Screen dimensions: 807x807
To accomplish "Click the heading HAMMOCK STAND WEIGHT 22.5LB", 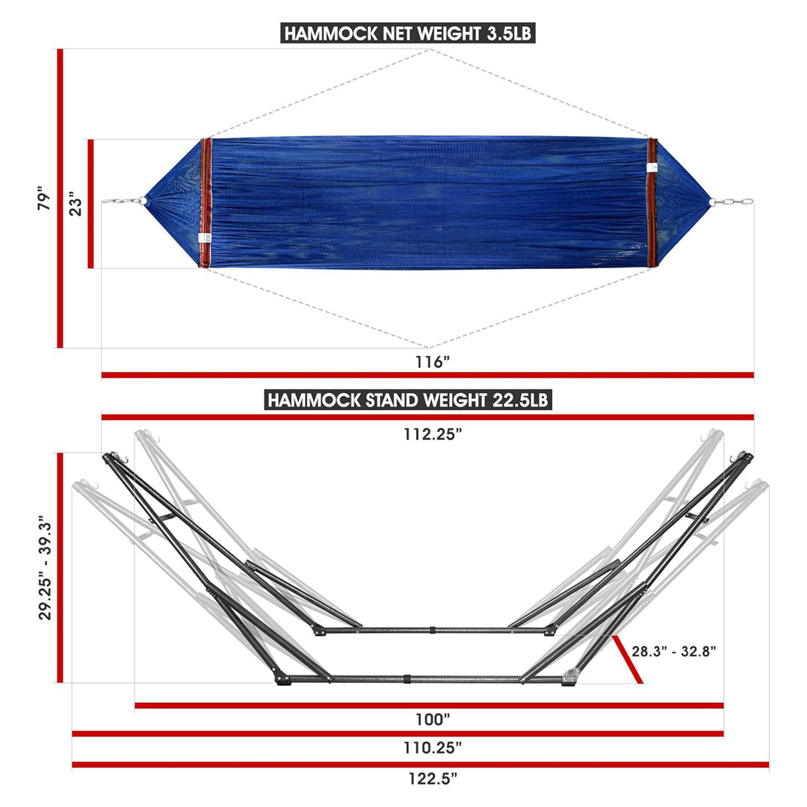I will pyautogui.click(x=409, y=400).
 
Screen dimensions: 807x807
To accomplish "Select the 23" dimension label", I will pyautogui.click(x=75, y=202).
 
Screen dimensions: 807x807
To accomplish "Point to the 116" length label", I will pyautogui.click(x=433, y=362).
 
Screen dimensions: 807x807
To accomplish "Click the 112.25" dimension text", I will pyautogui.click(x=427, y=434).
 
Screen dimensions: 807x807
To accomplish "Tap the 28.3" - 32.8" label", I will pyautogui.click(x=674, y=651).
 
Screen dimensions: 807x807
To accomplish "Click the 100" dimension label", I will pyautogui.click(x=433, y=720).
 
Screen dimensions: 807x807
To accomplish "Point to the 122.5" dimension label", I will pyautogui.click(x=433, y=778).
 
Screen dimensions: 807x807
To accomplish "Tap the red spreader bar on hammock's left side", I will pyautogui.click(x=206, y=202).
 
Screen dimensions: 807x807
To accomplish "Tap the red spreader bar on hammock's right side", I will pyautogui.click(x=652, y=202).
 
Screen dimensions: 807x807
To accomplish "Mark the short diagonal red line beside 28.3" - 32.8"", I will pyautogui.click(x=627, y=660).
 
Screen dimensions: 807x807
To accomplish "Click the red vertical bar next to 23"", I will pyautogui.click(x=90, y=203).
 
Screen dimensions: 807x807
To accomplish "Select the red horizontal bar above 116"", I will pyautogui.click(x=427, y=375).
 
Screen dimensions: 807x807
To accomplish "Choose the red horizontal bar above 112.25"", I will pyautogui.click(x=427, y=417).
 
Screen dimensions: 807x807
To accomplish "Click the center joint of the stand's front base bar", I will pyautogui.click(x=407, y=680).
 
